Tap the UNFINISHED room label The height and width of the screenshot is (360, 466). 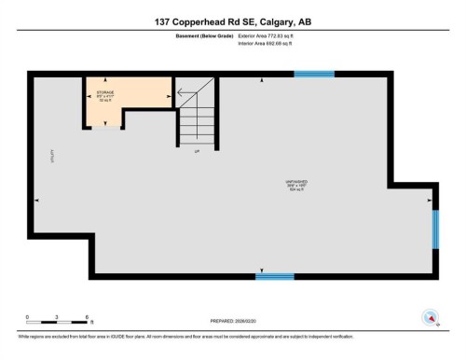point(298,184)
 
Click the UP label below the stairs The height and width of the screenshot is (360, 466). point(197,151)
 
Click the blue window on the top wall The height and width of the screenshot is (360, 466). point(313,74)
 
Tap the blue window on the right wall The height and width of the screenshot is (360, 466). point(434,229)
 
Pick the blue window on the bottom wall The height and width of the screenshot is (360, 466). point(274,276)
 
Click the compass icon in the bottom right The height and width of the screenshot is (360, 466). point(430,315)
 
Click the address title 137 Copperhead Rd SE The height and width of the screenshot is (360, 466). point(232,21)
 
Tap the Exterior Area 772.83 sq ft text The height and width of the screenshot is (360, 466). point(273,35)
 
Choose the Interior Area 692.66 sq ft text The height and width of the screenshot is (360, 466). point(273,44)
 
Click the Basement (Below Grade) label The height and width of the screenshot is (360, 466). point(199,35)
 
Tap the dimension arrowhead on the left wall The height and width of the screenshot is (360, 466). point(35,200)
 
